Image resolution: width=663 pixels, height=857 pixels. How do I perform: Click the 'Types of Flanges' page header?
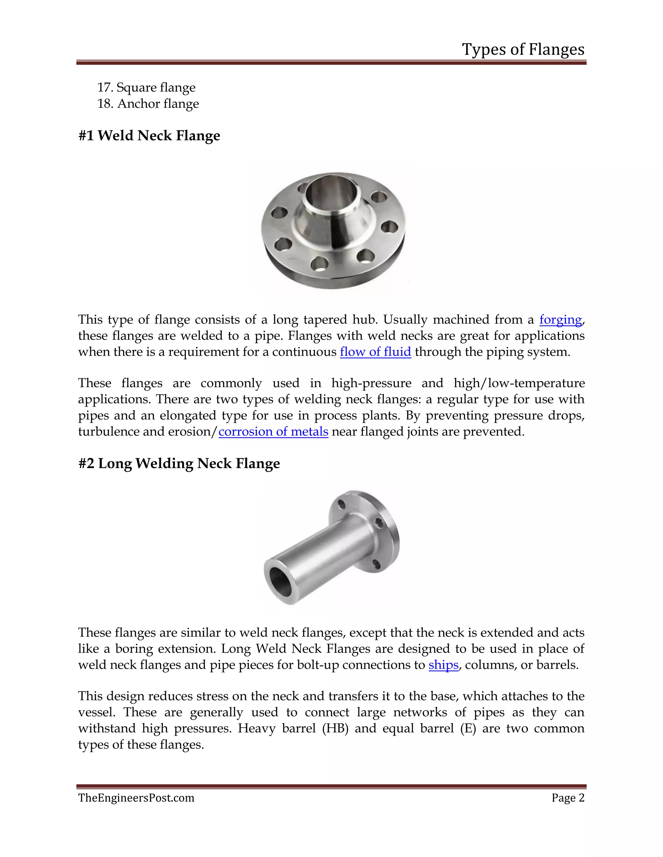[523, 49]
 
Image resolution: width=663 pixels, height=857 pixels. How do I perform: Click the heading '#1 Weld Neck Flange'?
[149, 136]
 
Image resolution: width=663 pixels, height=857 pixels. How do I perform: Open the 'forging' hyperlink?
[560, 320]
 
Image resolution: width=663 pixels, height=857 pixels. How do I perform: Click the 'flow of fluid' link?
[375, 352]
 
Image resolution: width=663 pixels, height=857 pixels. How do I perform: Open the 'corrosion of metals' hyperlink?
[273, 432]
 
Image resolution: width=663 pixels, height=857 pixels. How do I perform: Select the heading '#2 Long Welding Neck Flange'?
[179, 463]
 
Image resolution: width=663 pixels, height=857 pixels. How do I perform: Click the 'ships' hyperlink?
[444, 665]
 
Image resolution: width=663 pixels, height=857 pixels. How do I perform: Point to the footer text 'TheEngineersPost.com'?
[136, 798]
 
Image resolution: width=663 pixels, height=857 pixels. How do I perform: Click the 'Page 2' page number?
[567, 798]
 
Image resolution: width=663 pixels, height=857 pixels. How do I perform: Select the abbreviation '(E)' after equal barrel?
[468, 729]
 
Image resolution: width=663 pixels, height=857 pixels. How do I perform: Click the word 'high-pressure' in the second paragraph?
[371, 383]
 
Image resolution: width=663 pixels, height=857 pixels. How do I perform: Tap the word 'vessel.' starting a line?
[96, 712]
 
